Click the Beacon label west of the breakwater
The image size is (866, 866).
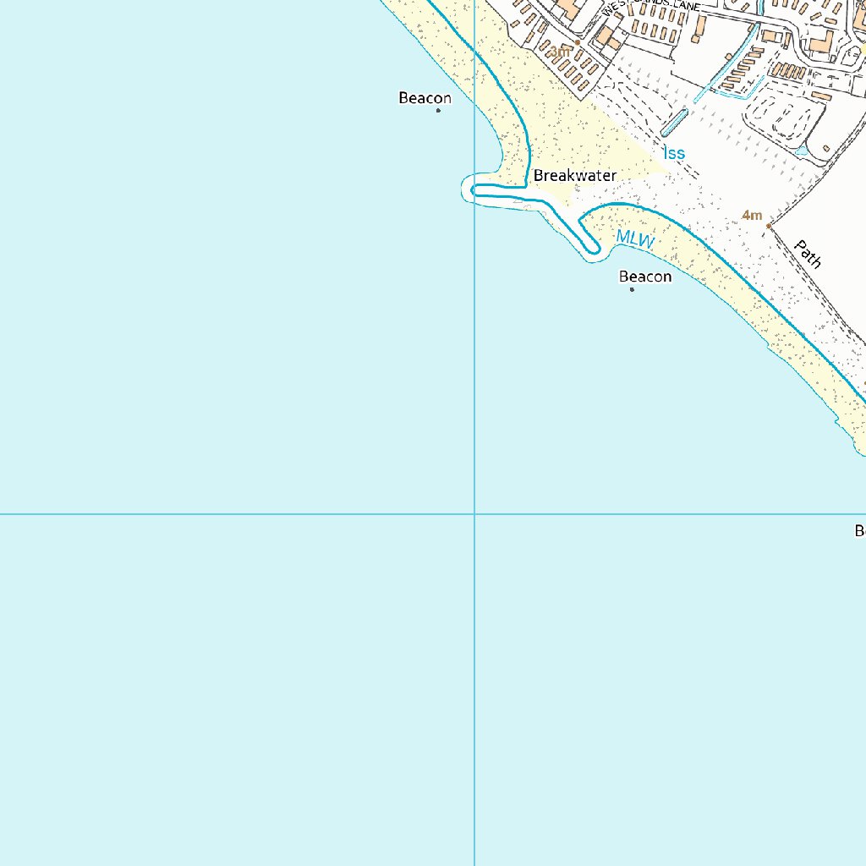pyautogui.click(x=425, y=98)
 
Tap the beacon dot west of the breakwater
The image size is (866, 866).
pyautogui.click(x=438, y=111)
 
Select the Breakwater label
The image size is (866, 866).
pyautogui.click(x=575, y=176)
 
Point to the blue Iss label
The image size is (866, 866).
pyautogui.click(x=674, y=153)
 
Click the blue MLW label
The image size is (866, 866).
pyautogui.click(x=635, y=239)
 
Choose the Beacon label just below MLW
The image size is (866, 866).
pyautogui.click(x=645, y=277)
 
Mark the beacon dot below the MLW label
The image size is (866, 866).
pyautogui.click(x=632, y=289)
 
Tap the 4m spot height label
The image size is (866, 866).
pyautogui.click(x=752, y=216)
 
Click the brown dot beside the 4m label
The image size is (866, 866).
pyautogui.click(x=768, y=226)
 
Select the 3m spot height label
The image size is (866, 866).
pyautogui.click(x=560, y=52)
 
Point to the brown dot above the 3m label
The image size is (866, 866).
pyautogui.click(x=578, y=41)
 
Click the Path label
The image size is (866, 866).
pyautogui.click(x=808, y=253)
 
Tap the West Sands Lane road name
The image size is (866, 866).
pyautogui.click(x=651, y=7)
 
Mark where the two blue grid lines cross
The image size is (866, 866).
pyautogui.click(x=474, y=513)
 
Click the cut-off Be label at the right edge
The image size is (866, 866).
pyautogui.click(x=859, y=531)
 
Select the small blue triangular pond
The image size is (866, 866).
pyautogui.click(x=801, y=151)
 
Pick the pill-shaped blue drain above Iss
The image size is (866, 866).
pyautogui.click(x=674, y=123)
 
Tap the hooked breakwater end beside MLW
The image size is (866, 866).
pyautogui.click(x=591, y=248)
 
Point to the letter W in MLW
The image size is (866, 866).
pyautogui.click(x=646, y=243)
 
